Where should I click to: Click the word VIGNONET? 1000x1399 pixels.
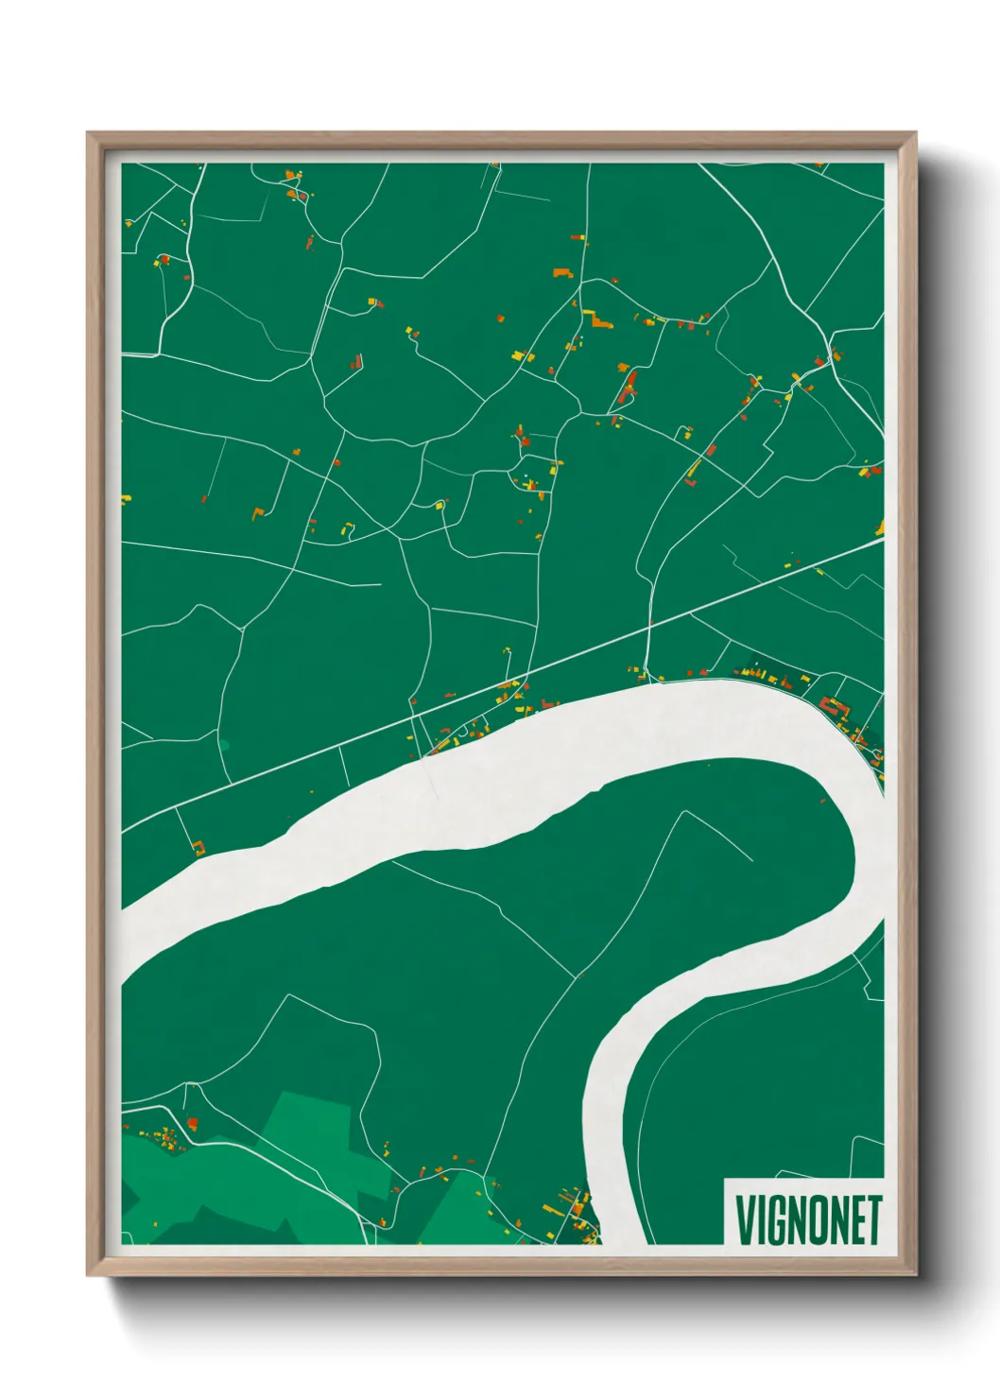[x=807, y=1219]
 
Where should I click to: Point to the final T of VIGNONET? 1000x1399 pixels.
[x=874, y=1219]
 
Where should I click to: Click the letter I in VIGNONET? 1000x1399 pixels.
[x=759, y=1219]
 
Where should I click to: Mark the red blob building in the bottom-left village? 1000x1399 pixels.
[x=192, y=1122]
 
